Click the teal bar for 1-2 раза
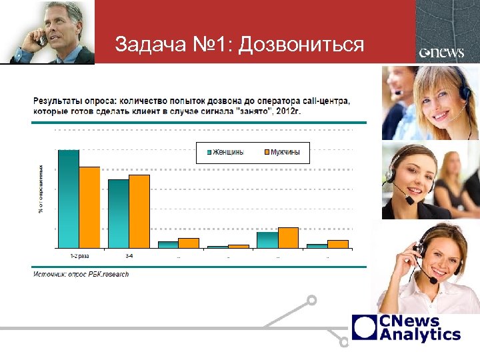[69, 199]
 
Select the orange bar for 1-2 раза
[89, 207]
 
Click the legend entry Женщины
[223, 152]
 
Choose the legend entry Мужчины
[280, 152]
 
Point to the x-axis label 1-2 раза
[79, 255]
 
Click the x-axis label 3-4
[129, 255]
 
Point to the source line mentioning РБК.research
[81, 274]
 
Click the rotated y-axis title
[41, 189]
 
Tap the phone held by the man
[42, 39]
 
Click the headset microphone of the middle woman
[409, 199]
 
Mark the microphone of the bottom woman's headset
[433, 280]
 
